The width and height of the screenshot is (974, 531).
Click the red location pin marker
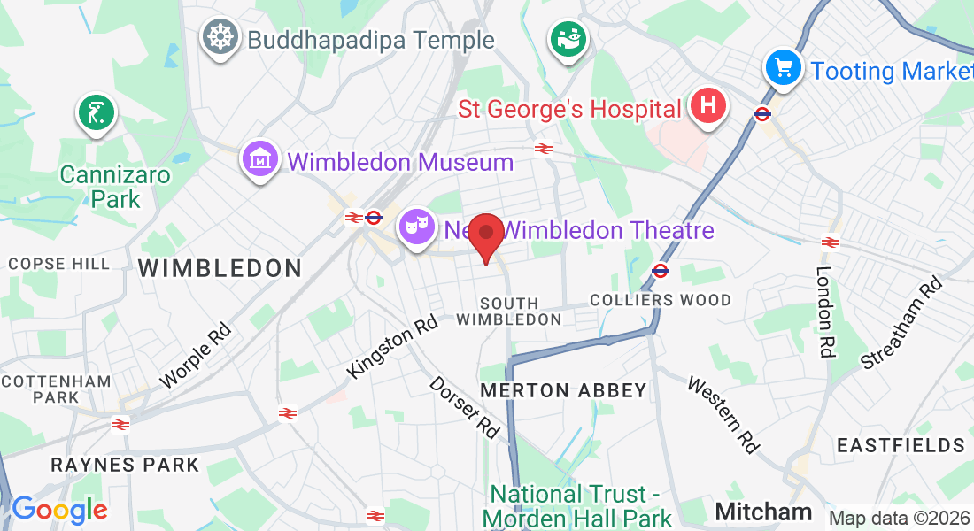pyautogui.click(x=485, y=236)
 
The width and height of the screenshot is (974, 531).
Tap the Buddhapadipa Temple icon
pyautogui.click(x=220, y=38)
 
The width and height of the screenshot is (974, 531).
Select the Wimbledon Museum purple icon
pyautogui.click(x=259, y=159)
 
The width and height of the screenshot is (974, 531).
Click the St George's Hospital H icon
pyautogui.click(x=707, y=107)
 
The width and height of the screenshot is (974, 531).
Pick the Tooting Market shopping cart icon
pyautogui.click(x=784, y=67)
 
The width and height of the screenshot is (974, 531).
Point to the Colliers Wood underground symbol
pyautogui.click(x=660, y=270)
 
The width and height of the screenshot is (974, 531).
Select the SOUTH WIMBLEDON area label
pyautogui.click(x=509, y=312)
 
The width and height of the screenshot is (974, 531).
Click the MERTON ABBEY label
pyautogui.click(x=563, y=390)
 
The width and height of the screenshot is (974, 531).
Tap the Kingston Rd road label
pyautogui.click(x=393, y=348)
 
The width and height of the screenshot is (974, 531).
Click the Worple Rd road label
pyautogui.click(x=196, y=356)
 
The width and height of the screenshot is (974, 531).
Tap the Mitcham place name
pyautogui.click(x=763, y=511)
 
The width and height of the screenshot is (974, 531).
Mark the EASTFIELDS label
pyautogui.click(x=901, y=444)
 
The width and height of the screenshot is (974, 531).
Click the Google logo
pyautogui.click(x=59, y=510)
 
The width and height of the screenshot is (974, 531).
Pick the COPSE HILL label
pyautogui.click(x=59, y=264)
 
